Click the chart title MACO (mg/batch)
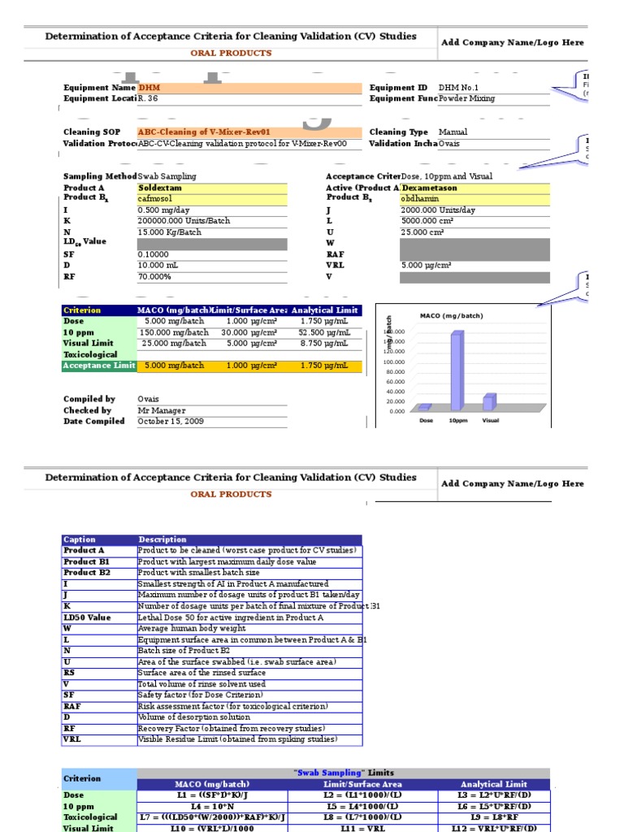[x=453, y=315]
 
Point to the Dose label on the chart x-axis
[x=426, y=421]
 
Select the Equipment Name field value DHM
[x=149, y=88]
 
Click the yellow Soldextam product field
[x=160, y=188]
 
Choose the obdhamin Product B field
[x=419, y=198]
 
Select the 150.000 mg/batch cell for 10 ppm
[x=173, y=332]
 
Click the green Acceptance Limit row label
[x=99, y=366]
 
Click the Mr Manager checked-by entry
[x=162, y=411]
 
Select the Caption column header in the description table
[x=80, y=539]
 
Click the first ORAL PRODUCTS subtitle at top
[x=231, y=53]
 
